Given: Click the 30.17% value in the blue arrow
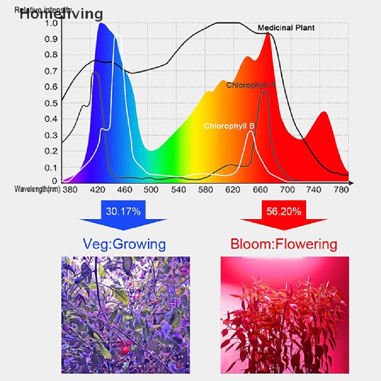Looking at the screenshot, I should pyautogui.click(x=123, y=212).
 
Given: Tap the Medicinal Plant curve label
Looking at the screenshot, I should pyautogui.click(x=286, y=28).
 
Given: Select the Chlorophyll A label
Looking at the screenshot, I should pyautogui.click(x=251, y=85).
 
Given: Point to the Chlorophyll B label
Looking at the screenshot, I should pyautogui.click(x=229, y=126).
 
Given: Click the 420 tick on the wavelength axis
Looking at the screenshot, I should pyautogui.click(x=97, y=190).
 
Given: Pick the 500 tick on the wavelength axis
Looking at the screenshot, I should pyautogui.click(x=151, y=190).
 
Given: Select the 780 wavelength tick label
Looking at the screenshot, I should pyautogui.click(x=342, y=190).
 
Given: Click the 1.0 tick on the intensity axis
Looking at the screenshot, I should pyautogui.click(x=51, y=23).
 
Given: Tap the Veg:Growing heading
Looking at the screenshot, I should pyautogui.click(x=124, y=244).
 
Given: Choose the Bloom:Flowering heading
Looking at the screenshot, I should pyautogui.click(x=284, y=244).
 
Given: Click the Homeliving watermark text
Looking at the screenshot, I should pyautogui.click(x=61, y=14).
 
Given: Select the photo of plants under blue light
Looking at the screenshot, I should pyautogui.click(x=125, y=314).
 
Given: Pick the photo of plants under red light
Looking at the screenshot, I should pyautogui.click(x=285, y=314).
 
